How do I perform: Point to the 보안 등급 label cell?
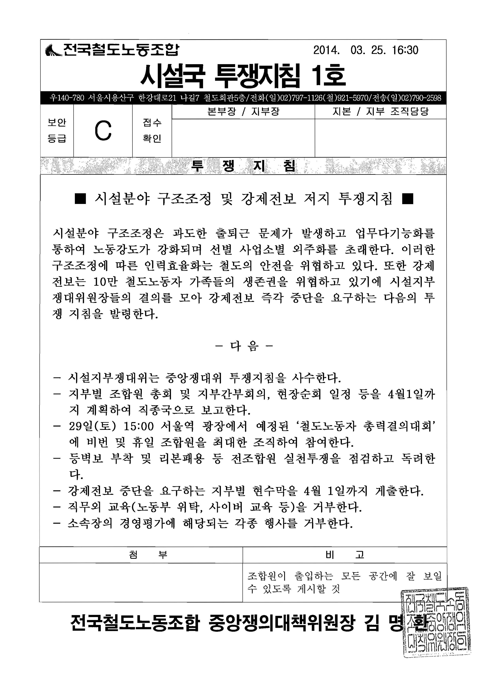57,131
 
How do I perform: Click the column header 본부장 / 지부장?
243,112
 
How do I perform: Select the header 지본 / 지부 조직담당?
380,112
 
